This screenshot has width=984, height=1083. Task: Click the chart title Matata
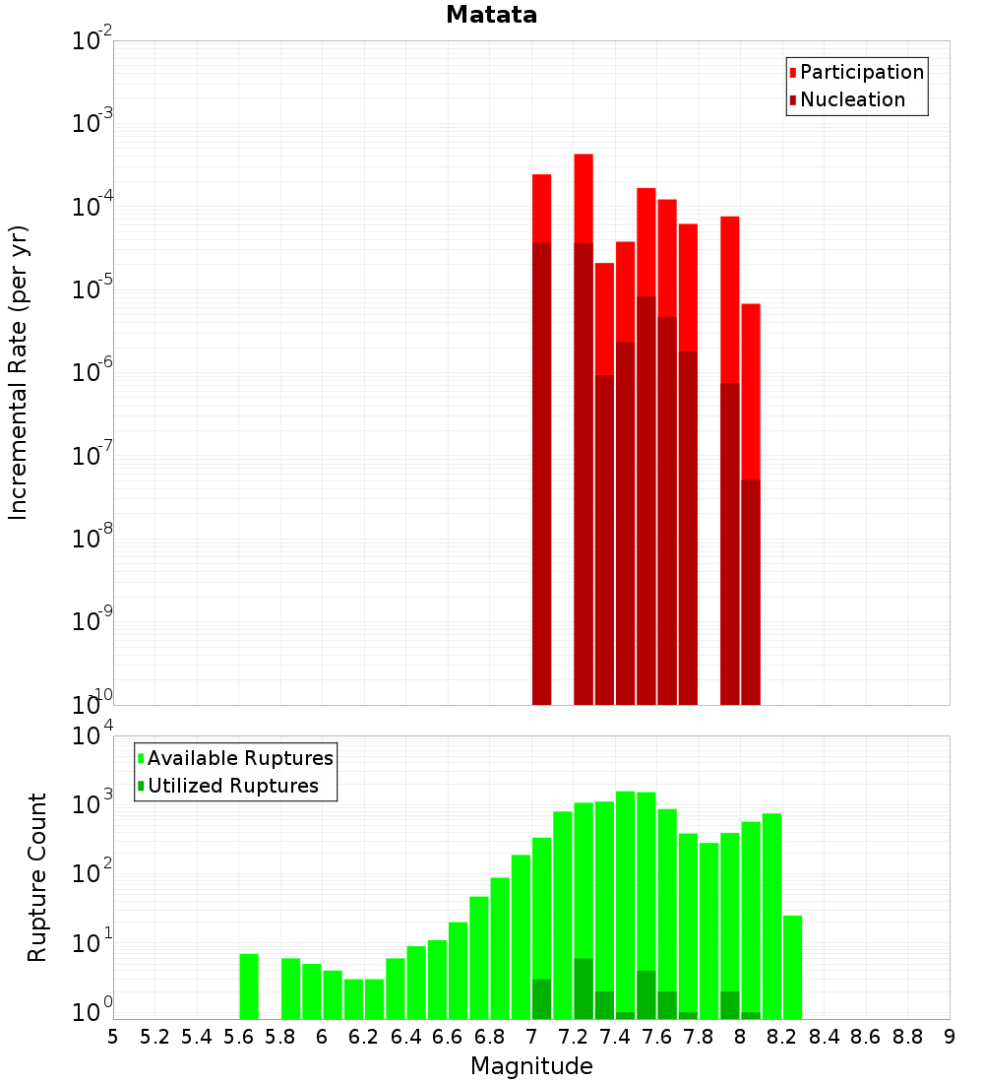[491, 15]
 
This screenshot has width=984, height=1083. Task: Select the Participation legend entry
[862, 72]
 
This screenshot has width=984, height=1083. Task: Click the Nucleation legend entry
[852, 99]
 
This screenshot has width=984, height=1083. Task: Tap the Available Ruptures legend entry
[240, 758]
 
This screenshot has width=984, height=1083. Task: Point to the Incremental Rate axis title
[19, 372]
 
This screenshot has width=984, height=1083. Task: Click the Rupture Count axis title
[37, 876]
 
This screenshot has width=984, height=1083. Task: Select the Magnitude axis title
[531, 1066]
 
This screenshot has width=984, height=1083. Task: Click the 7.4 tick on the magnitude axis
[616, 1037]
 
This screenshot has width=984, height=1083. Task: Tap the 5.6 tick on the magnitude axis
[239, 1037]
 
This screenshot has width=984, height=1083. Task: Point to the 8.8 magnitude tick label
[908, 1037]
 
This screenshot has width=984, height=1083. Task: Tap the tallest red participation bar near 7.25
[584, 197]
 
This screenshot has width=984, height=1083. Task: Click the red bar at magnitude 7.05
[542, 207]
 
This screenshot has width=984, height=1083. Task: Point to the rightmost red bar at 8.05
[751, 394]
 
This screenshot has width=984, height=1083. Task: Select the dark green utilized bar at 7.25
[584, 988]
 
